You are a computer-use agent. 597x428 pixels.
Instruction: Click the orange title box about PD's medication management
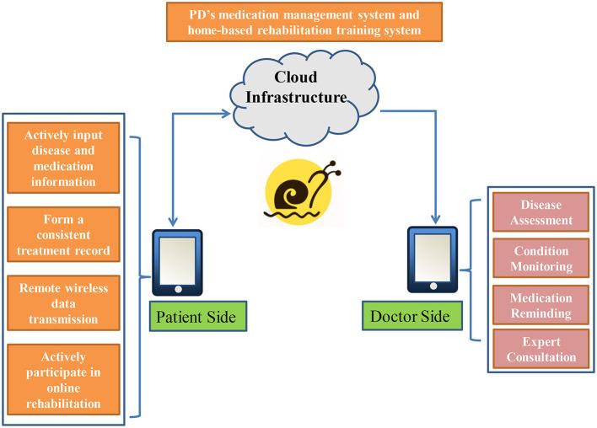pos(304,22)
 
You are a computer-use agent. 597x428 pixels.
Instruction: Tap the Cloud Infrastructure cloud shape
pos(304,98)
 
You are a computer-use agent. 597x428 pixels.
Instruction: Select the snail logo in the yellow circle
pos(300,191)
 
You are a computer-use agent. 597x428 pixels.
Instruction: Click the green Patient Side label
pos(198,316)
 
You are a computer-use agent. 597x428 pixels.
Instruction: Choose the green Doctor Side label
pos(412,315)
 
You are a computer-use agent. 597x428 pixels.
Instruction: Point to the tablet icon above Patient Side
pos(177,263)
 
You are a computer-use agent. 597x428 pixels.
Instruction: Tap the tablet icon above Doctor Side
pos(433,259)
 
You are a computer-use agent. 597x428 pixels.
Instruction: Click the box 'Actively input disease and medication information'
pos(63,158)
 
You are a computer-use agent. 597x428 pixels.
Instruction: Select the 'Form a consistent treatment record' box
pos(63,234)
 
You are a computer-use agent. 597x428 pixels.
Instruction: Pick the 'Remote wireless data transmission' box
pos(63,302)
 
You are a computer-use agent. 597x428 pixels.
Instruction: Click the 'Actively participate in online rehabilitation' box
pos(63,379)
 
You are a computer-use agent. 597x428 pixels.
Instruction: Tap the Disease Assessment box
pos(541,212)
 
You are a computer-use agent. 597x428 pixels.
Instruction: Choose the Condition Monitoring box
pos(541,258)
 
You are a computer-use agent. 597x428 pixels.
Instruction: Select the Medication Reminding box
pos(541,305)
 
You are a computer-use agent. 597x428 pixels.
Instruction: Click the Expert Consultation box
pos(541,349)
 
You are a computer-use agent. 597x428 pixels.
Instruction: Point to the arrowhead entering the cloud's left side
pos(226,113)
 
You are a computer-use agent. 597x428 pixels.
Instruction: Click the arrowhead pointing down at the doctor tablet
pos(436,219)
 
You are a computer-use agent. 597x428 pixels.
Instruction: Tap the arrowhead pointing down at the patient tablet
pos(173,222)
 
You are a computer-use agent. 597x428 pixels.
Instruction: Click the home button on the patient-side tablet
pos(178,290)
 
